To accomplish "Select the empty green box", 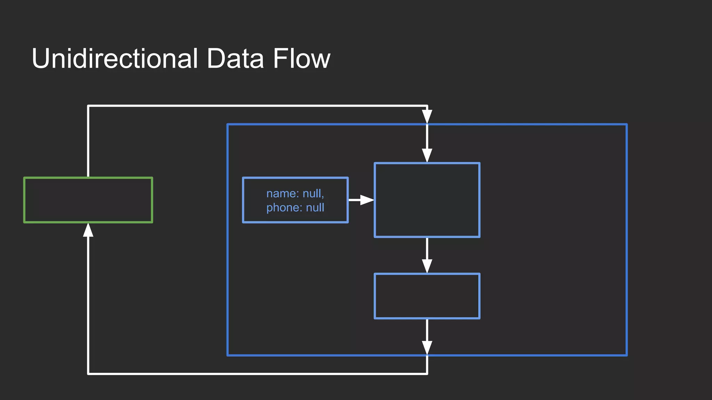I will pos(88,200).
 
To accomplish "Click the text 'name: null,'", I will pos(295,193).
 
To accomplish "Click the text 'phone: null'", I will pos(295,208).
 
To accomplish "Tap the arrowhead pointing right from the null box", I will pos(366,200).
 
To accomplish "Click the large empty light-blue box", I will pos(427,200).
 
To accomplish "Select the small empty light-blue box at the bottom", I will pos(427,296).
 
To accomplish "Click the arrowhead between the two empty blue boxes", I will pos(427,266).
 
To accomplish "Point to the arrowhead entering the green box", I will pos(88,230).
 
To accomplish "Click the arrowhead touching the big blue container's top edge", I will pos(427,116).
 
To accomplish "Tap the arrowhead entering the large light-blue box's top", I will pos(427,155).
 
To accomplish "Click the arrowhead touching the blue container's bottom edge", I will pos(427,348).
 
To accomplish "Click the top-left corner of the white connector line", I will pos(88,106).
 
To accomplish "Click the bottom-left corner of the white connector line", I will pos(88,374).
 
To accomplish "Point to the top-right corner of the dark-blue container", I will pos(626,124).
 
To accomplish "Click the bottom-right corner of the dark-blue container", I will pos(626,355).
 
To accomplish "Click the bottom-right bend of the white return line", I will pos(427,374).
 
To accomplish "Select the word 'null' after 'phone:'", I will pos(315,208).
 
